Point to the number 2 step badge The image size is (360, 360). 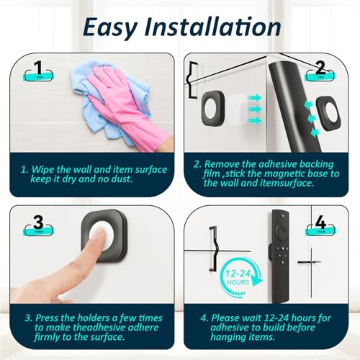pyautogui.click(x=318, y=71)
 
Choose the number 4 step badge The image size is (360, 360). pyautogui.click(x=320, y=226)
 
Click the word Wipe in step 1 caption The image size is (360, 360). pyautogui.click(x=48, y=169)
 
